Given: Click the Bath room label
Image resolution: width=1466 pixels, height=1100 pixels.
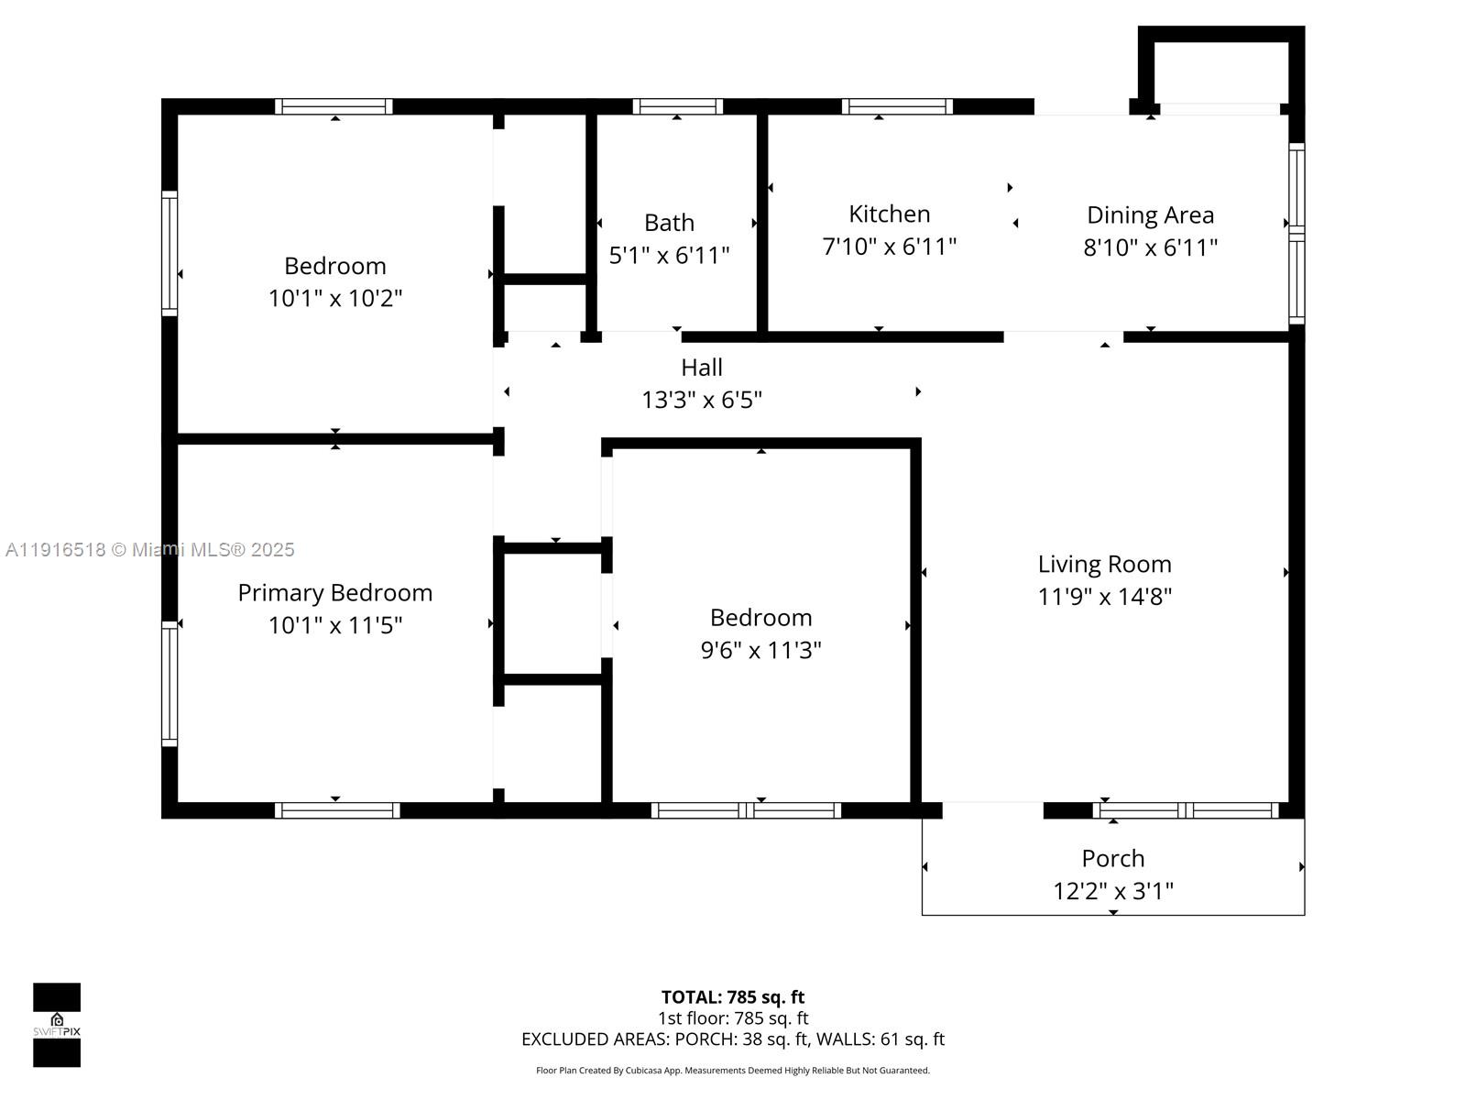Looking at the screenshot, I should pyautogui.click(x=669, y=223).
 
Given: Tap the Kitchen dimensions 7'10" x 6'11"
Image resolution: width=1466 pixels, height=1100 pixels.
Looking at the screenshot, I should pyautogui.click(x=889, y=247).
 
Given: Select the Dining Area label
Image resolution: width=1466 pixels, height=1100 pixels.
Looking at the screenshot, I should pyautogui.click(x=1150, y=214).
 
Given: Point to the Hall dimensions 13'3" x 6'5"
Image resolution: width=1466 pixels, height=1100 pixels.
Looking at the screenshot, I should pyautogui.click(x=702, y=401).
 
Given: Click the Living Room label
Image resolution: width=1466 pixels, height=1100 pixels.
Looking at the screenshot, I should pyautogui.click(x=1104, y=564).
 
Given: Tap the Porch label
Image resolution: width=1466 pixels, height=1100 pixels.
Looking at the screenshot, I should pyautogui.click(x=1112, y=858).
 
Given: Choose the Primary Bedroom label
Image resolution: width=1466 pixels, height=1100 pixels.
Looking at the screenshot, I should pyautogui.click(x=334, y=592).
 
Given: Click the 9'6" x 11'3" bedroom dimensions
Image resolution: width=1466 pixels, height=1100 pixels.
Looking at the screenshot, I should pyautogui.click(x=760, y=650).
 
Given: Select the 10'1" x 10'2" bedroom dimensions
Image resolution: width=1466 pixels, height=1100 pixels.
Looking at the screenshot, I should pyautogui.click(x=334, y=298).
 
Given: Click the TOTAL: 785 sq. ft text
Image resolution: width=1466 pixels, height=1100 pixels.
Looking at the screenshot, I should pyautogui.click(x=733, y=996).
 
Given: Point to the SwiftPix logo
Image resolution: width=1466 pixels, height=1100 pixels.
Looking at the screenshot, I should pyautogui.click(x=57, y=1024).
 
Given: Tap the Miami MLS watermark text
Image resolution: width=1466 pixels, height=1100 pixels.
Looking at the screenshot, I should pyautogui.click(x=150, y=550).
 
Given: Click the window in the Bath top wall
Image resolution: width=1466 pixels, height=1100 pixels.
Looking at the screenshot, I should pyautogui.click(x=677, y=106).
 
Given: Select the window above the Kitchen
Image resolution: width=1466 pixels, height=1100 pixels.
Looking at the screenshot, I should pyautogui.click(x=897, y=106).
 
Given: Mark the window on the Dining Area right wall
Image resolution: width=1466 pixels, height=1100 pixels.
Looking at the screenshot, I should pyautogui.click(x=1296, y=233).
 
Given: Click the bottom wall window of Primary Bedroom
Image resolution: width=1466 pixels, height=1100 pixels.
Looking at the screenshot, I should pyautogui.click(x=336, y=810).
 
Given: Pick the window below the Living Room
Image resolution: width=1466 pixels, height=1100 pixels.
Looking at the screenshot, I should pyautogui.click(x=1186, y=810).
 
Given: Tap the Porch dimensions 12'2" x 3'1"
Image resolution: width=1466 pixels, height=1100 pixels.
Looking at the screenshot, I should pyautogui.click(x=1112, y=891).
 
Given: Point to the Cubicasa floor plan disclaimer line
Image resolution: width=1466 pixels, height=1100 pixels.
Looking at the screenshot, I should pyautogui.click(x=733, y=1070).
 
